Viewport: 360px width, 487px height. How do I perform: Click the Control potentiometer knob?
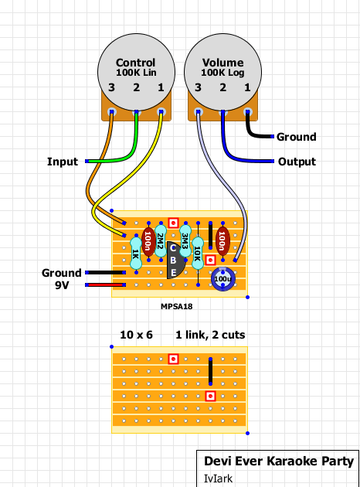(x=136, y=72)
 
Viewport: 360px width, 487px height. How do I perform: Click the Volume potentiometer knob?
(x=222, y=72)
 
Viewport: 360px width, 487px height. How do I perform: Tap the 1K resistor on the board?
(x=136, y=254)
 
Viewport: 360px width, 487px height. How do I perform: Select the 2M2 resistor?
(x=161, y=241)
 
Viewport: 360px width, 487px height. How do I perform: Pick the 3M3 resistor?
(x=185, y=241)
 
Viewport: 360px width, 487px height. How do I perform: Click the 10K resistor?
(x=198, y=254)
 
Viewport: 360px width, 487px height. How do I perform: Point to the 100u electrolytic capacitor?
(x=222, y=278)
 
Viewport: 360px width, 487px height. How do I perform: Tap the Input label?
(x=63, y=162)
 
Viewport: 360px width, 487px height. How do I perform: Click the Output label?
(x=297, y=162)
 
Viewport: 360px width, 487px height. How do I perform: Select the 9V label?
(x=62, y=284)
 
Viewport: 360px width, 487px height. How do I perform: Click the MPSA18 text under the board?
(x=177, y=306)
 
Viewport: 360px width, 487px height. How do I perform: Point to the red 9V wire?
(x=106, y=284)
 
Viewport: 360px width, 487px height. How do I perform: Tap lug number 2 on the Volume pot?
(x=222, y=112)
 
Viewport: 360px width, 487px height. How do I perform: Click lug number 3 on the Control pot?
(x=111, y=112)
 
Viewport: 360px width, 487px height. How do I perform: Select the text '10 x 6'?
(x=136, y=335)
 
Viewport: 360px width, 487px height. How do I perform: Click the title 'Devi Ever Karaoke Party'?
(x=279, y=461)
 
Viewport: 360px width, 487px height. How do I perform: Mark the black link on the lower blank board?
(x=210, y=372)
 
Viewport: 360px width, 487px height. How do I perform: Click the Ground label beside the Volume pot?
(x=297, y=137)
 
